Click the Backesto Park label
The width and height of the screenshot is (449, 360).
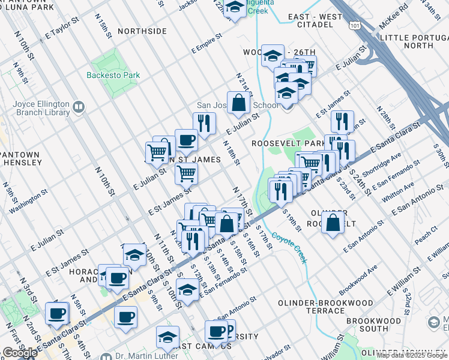pos(113,76)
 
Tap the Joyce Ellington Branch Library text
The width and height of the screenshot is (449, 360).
pos(36,107)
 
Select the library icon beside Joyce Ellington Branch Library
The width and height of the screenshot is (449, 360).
pos(78,107)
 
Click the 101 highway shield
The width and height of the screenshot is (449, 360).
pos(355,26)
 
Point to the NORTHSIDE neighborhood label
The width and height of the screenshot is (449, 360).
pos(142,31)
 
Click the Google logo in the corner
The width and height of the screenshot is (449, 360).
pos(20,353)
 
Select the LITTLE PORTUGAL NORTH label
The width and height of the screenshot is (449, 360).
pos(414,41)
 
